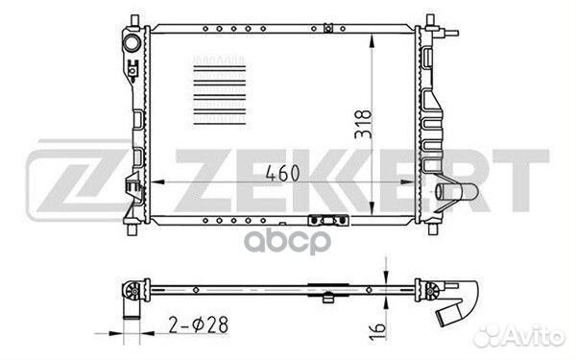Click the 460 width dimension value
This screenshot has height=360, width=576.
click(x=282, y=173)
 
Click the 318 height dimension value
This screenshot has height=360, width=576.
click(x=363, y=124)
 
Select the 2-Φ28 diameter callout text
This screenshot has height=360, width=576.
click(x=199, y=324)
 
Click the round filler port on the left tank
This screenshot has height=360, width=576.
click(x=132, y=44)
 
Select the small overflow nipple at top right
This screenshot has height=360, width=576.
click(x=451, y=33)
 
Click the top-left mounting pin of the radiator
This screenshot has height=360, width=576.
click(x=134, y=21)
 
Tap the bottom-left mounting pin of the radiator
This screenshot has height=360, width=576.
click(x=132, y=229)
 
